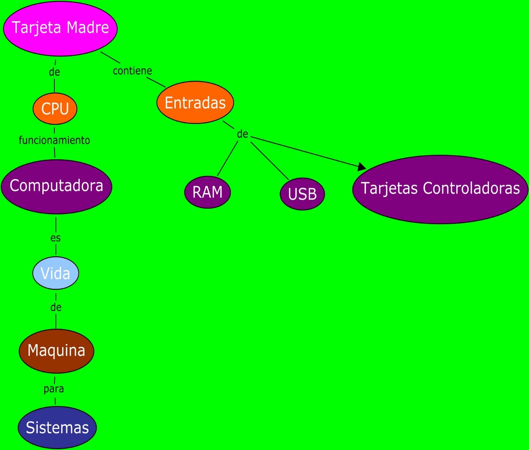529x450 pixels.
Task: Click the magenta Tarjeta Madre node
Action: (x=60, y=28)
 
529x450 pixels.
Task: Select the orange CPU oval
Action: (x=55, y=109)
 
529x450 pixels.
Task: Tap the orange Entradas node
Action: (x=195, y=103)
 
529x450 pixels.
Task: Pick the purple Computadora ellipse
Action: (x=56, y=186)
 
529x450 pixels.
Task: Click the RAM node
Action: (x=207, y=192)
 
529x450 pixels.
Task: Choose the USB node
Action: (x=302, y=194)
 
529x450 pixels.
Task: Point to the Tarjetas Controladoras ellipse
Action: (x=440, y=189)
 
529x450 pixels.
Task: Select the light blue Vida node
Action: (x=55, y=273)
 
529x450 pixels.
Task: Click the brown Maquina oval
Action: (x=56, y=351)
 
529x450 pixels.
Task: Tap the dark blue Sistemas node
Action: (x=57, y=427)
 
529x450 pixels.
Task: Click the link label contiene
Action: (x=132, y=71)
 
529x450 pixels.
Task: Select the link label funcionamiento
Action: (x=54, y=140)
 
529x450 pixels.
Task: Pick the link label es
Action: (x=55, y=238)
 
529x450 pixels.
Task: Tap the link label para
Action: (x=54, y=388)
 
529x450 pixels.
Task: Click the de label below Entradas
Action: (x=243, y=134)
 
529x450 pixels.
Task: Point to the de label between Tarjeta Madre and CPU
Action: (x=54, y=72)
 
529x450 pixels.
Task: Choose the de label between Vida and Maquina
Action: (x=56, y=307)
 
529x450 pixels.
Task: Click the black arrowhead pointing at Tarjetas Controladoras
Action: (x=361, y=166)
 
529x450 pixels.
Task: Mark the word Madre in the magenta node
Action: (x=88, y=27)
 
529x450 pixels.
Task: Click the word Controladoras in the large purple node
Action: (x=471, y=188)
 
